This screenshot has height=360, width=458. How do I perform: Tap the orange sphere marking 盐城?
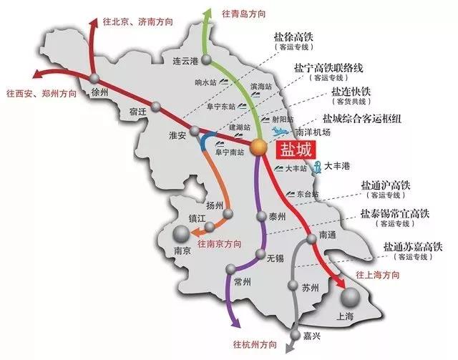tap(259, 147)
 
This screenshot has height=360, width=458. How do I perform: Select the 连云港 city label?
tap(183, 61)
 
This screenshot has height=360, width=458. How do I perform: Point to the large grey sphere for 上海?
tap(351, 299)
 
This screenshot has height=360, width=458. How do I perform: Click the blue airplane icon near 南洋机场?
tap(282, 132)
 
